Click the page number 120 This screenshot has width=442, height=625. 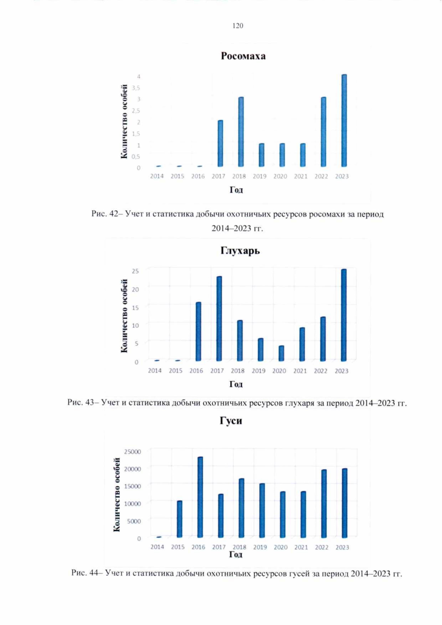238,26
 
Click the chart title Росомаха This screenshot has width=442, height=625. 243,56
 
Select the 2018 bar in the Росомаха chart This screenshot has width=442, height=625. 241,132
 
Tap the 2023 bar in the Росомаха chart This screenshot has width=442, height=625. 344,120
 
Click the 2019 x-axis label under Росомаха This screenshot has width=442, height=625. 259,176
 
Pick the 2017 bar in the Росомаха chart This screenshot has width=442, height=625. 220,143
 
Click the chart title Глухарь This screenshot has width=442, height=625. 240,251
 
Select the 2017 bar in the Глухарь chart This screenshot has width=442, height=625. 219,319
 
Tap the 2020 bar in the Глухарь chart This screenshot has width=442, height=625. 281,353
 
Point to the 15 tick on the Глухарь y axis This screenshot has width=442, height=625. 135,307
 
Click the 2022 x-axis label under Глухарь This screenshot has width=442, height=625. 320,371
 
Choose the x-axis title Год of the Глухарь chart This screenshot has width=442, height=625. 236,384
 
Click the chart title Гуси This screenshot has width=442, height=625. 231,421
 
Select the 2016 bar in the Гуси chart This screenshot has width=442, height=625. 200,497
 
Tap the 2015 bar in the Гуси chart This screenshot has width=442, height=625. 179,519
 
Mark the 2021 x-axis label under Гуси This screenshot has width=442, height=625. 301,547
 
